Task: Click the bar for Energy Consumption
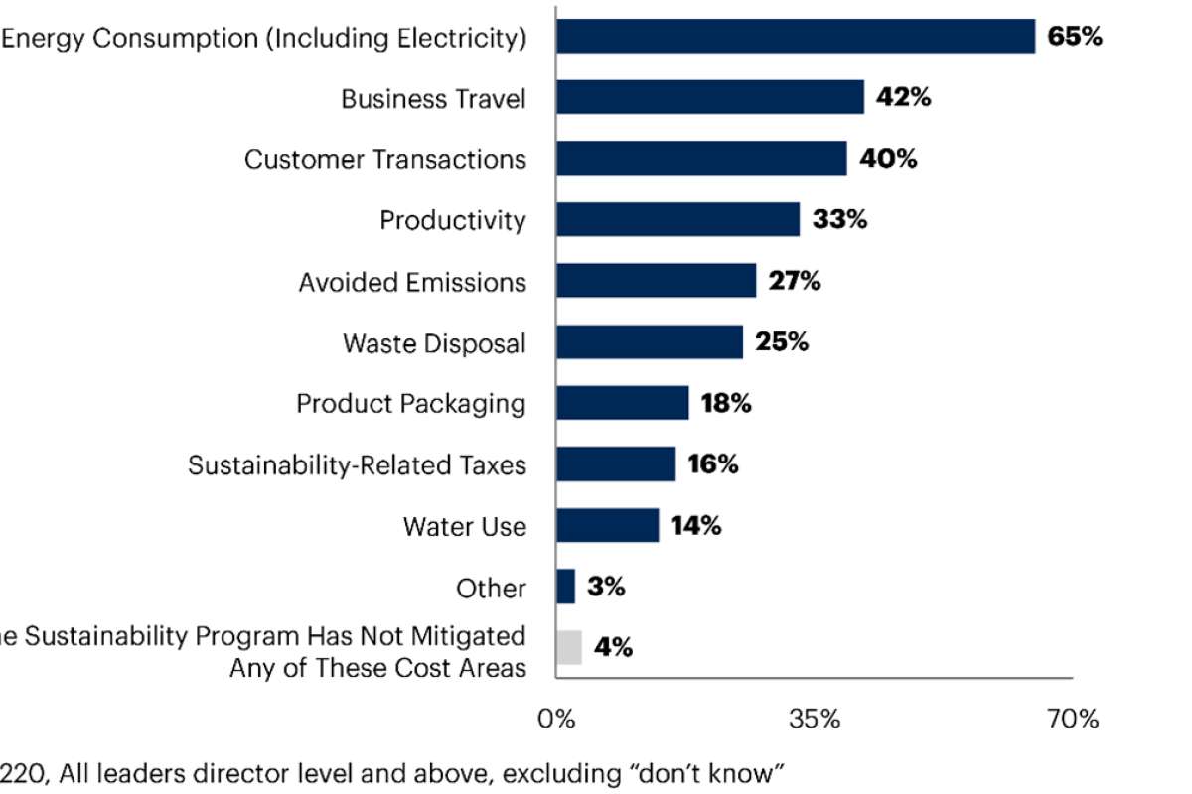tap(795, 37)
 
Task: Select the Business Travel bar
tap(709, 98)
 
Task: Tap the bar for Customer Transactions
tap(701, 159)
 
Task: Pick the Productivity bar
tap(677, 220)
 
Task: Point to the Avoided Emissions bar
tap(656, 281)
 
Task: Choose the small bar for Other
tap(565, 587)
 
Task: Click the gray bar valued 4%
tap(568, 647)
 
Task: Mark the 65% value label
tap(1075, 38)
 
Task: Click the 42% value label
tap(903, 98)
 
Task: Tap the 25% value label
tap(782, 342)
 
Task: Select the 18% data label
tap(725, 404)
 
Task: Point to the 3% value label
tap(606, 587)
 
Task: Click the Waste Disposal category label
tap(434, 343)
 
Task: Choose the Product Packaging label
tap(410, 404)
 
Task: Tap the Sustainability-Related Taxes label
tap(357, 464)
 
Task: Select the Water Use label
tap(464, 526)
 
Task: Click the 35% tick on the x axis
tap(816, 719)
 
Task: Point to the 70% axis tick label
tap(1073, 719)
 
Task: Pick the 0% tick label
tap(556, 719)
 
